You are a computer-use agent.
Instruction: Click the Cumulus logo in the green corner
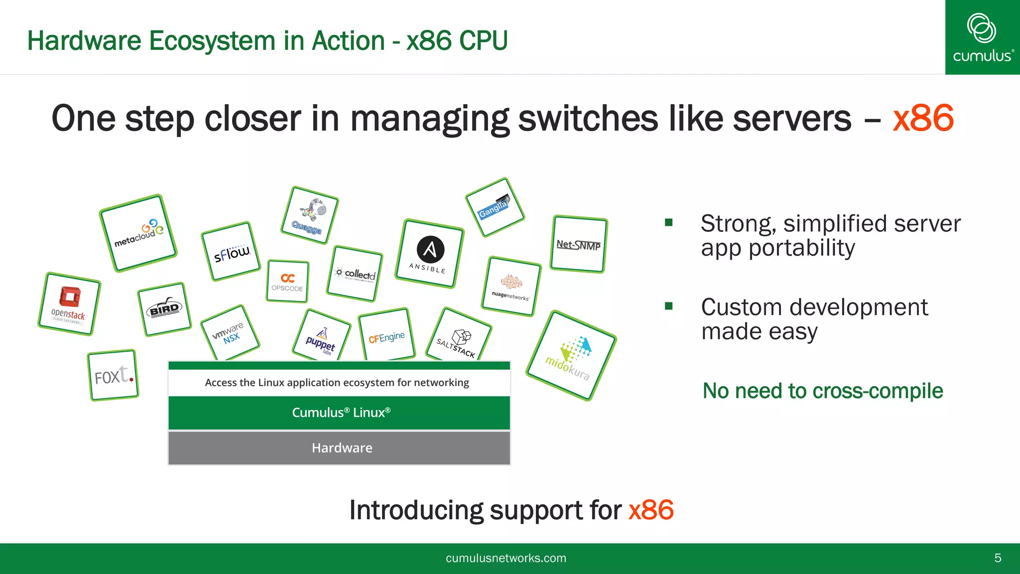pyautogui.click(x=982, y=37)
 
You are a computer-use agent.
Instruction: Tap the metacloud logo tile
pyautogui.click(x=138, y=233)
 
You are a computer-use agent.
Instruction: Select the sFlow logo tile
pyautogui.click(x=231, y=252)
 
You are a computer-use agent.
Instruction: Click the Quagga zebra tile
pyautogui.click(x=309, y=215)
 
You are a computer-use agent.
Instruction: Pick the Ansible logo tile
pyautogui.click(x=429, y=254)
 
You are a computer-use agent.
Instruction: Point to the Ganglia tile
pyautogui.click(x=495, y=207)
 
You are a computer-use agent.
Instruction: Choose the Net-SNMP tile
pyautogui.click(x=579, y=244)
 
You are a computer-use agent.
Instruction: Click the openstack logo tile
pyautogui.click(x=69, y=304)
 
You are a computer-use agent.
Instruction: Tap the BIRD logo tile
pyautogui.click(x=164, y=309)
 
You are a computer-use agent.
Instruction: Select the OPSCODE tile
pyautogui.click(x=287, y=282)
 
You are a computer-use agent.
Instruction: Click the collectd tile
pyautogui.click(x=355, y=274)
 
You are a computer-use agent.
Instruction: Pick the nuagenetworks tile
pyautogui.click(x=511, y=287)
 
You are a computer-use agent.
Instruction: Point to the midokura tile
pyautogui.click(x=571, y=355)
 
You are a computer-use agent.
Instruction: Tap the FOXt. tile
pyautogui.click(x=113, y=375)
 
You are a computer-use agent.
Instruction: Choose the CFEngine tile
pyautogui.click(x=386, y=335)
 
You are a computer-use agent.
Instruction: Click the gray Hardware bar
pyautogui.click(x=339, y=448)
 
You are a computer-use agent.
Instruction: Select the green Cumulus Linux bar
pyautogui.click(x=339, y=413)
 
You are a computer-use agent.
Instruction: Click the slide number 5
pyautogui.click(x=998, y=558)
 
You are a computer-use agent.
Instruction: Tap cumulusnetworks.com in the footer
pyautogui.click(x=506, y=558)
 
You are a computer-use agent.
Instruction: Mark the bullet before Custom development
pyautogui.click(x=669, y=306)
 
